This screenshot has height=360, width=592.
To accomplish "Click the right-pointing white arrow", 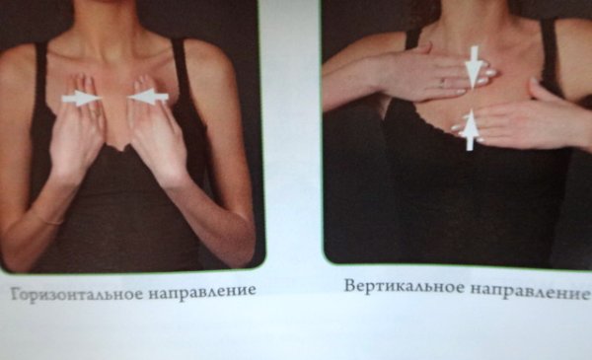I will [82, 98].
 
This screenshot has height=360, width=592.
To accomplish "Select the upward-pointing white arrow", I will [471, 129].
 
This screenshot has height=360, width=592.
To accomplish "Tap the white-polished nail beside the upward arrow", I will [457, 126].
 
